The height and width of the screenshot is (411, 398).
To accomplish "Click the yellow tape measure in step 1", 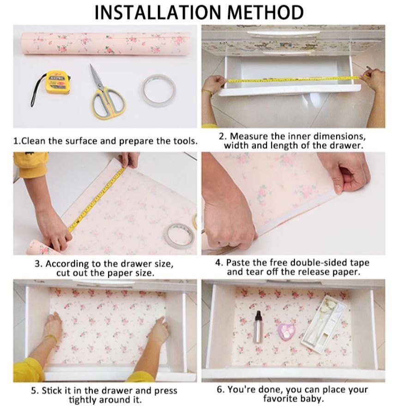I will (58, 83).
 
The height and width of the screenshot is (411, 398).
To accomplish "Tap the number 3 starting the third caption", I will (38, 264).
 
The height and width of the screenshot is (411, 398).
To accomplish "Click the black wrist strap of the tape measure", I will (35, 95).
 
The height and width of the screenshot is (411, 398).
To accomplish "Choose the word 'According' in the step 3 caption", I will (64, 264).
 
